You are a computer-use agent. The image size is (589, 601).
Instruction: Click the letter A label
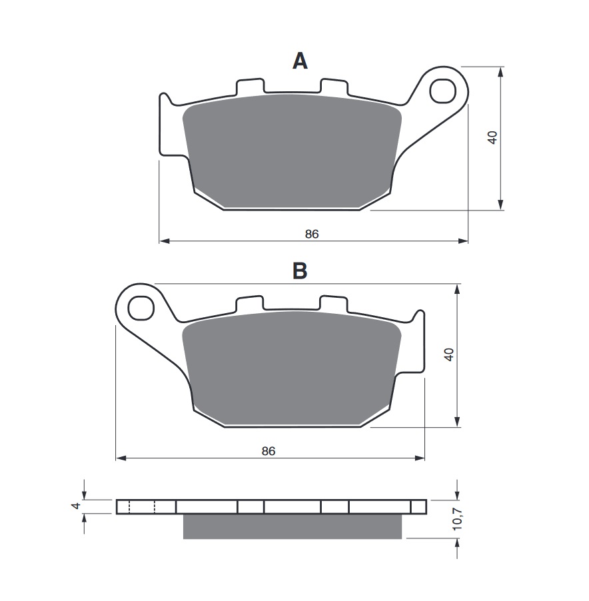click(x=300, y=61)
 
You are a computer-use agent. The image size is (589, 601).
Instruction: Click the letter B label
click(x=300, y=271)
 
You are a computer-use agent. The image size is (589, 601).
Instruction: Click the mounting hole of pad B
click(x=141, y=307)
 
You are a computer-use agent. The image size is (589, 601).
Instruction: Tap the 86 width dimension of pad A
click(x=312, y=234)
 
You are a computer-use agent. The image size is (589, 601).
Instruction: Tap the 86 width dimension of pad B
click(x=269, y=451)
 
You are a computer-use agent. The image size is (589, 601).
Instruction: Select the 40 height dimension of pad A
click(x=492, y=138)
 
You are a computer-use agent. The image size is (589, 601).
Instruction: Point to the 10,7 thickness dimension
click(x=456, y=518)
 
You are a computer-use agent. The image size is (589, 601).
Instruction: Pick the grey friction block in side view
click(x=293, y=526)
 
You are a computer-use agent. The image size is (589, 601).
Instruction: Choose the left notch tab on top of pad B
click(x=250, y=304)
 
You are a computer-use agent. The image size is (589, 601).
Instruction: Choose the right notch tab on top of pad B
click(x=334, y=304)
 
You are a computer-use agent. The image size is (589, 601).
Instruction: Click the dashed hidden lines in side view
click(x=142, y=507)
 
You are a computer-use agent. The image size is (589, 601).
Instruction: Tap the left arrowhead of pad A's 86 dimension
click(x=164, y=241)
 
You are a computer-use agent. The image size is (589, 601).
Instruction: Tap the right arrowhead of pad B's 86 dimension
click(x=420, y=458)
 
